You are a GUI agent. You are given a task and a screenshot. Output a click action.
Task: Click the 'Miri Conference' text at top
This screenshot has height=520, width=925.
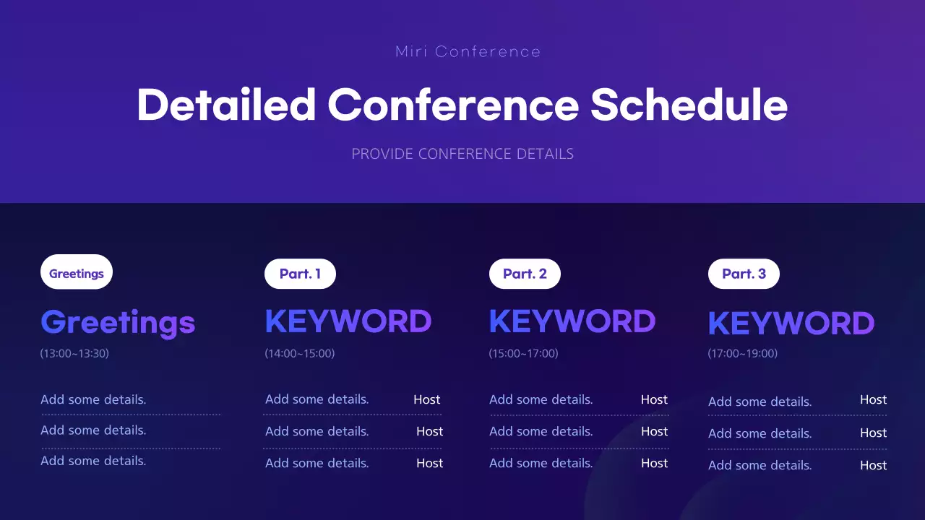[468, 52]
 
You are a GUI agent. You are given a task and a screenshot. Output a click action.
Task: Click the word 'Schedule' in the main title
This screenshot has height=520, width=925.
[689, 105]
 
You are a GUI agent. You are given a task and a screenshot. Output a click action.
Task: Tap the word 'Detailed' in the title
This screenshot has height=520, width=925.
[226, 105]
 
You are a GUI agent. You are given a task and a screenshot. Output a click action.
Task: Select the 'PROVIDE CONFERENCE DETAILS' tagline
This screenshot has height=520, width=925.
[462, 154]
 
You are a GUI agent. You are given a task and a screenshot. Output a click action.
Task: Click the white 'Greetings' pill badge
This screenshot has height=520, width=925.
[77, 272]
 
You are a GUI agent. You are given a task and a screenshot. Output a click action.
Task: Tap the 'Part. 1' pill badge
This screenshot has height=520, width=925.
[300, 274]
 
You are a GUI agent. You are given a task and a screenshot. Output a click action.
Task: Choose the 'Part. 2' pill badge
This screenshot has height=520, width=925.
[525, 274]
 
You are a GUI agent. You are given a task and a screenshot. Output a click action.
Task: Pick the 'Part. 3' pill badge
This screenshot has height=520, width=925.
[744, 274]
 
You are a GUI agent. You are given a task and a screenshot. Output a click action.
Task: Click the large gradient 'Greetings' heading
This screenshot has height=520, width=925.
[118, 322]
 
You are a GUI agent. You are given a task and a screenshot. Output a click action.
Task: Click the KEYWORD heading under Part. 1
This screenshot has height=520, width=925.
[348, 321]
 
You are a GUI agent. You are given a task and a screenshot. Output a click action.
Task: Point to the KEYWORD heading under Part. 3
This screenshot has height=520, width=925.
[791, 324]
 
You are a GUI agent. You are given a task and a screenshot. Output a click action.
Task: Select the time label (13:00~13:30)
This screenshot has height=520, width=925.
[74, 354]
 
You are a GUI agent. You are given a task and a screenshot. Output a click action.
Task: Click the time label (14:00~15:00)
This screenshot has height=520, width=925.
[300, 354]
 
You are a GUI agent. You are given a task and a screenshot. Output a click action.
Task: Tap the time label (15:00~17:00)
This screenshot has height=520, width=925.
[524, 354]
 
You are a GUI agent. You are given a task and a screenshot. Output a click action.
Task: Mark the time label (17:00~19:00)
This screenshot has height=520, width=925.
[743, 354]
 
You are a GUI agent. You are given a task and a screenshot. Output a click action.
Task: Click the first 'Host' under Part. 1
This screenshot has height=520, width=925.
[426, 399]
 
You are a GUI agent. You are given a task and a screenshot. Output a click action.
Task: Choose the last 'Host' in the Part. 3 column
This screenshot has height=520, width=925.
[873, 465]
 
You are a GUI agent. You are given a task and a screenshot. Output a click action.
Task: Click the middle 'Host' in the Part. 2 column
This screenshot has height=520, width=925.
[654, 431]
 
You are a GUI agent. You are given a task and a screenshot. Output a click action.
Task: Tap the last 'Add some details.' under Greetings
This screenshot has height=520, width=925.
[93, 461]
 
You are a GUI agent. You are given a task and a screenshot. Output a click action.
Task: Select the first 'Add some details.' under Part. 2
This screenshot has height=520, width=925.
[541, 399]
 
